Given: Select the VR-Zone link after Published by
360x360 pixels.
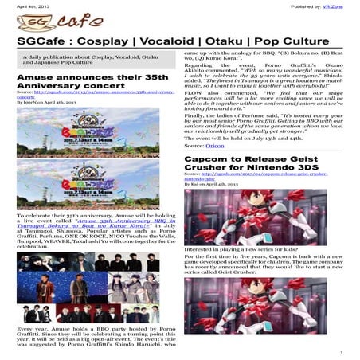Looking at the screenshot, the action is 343,5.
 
